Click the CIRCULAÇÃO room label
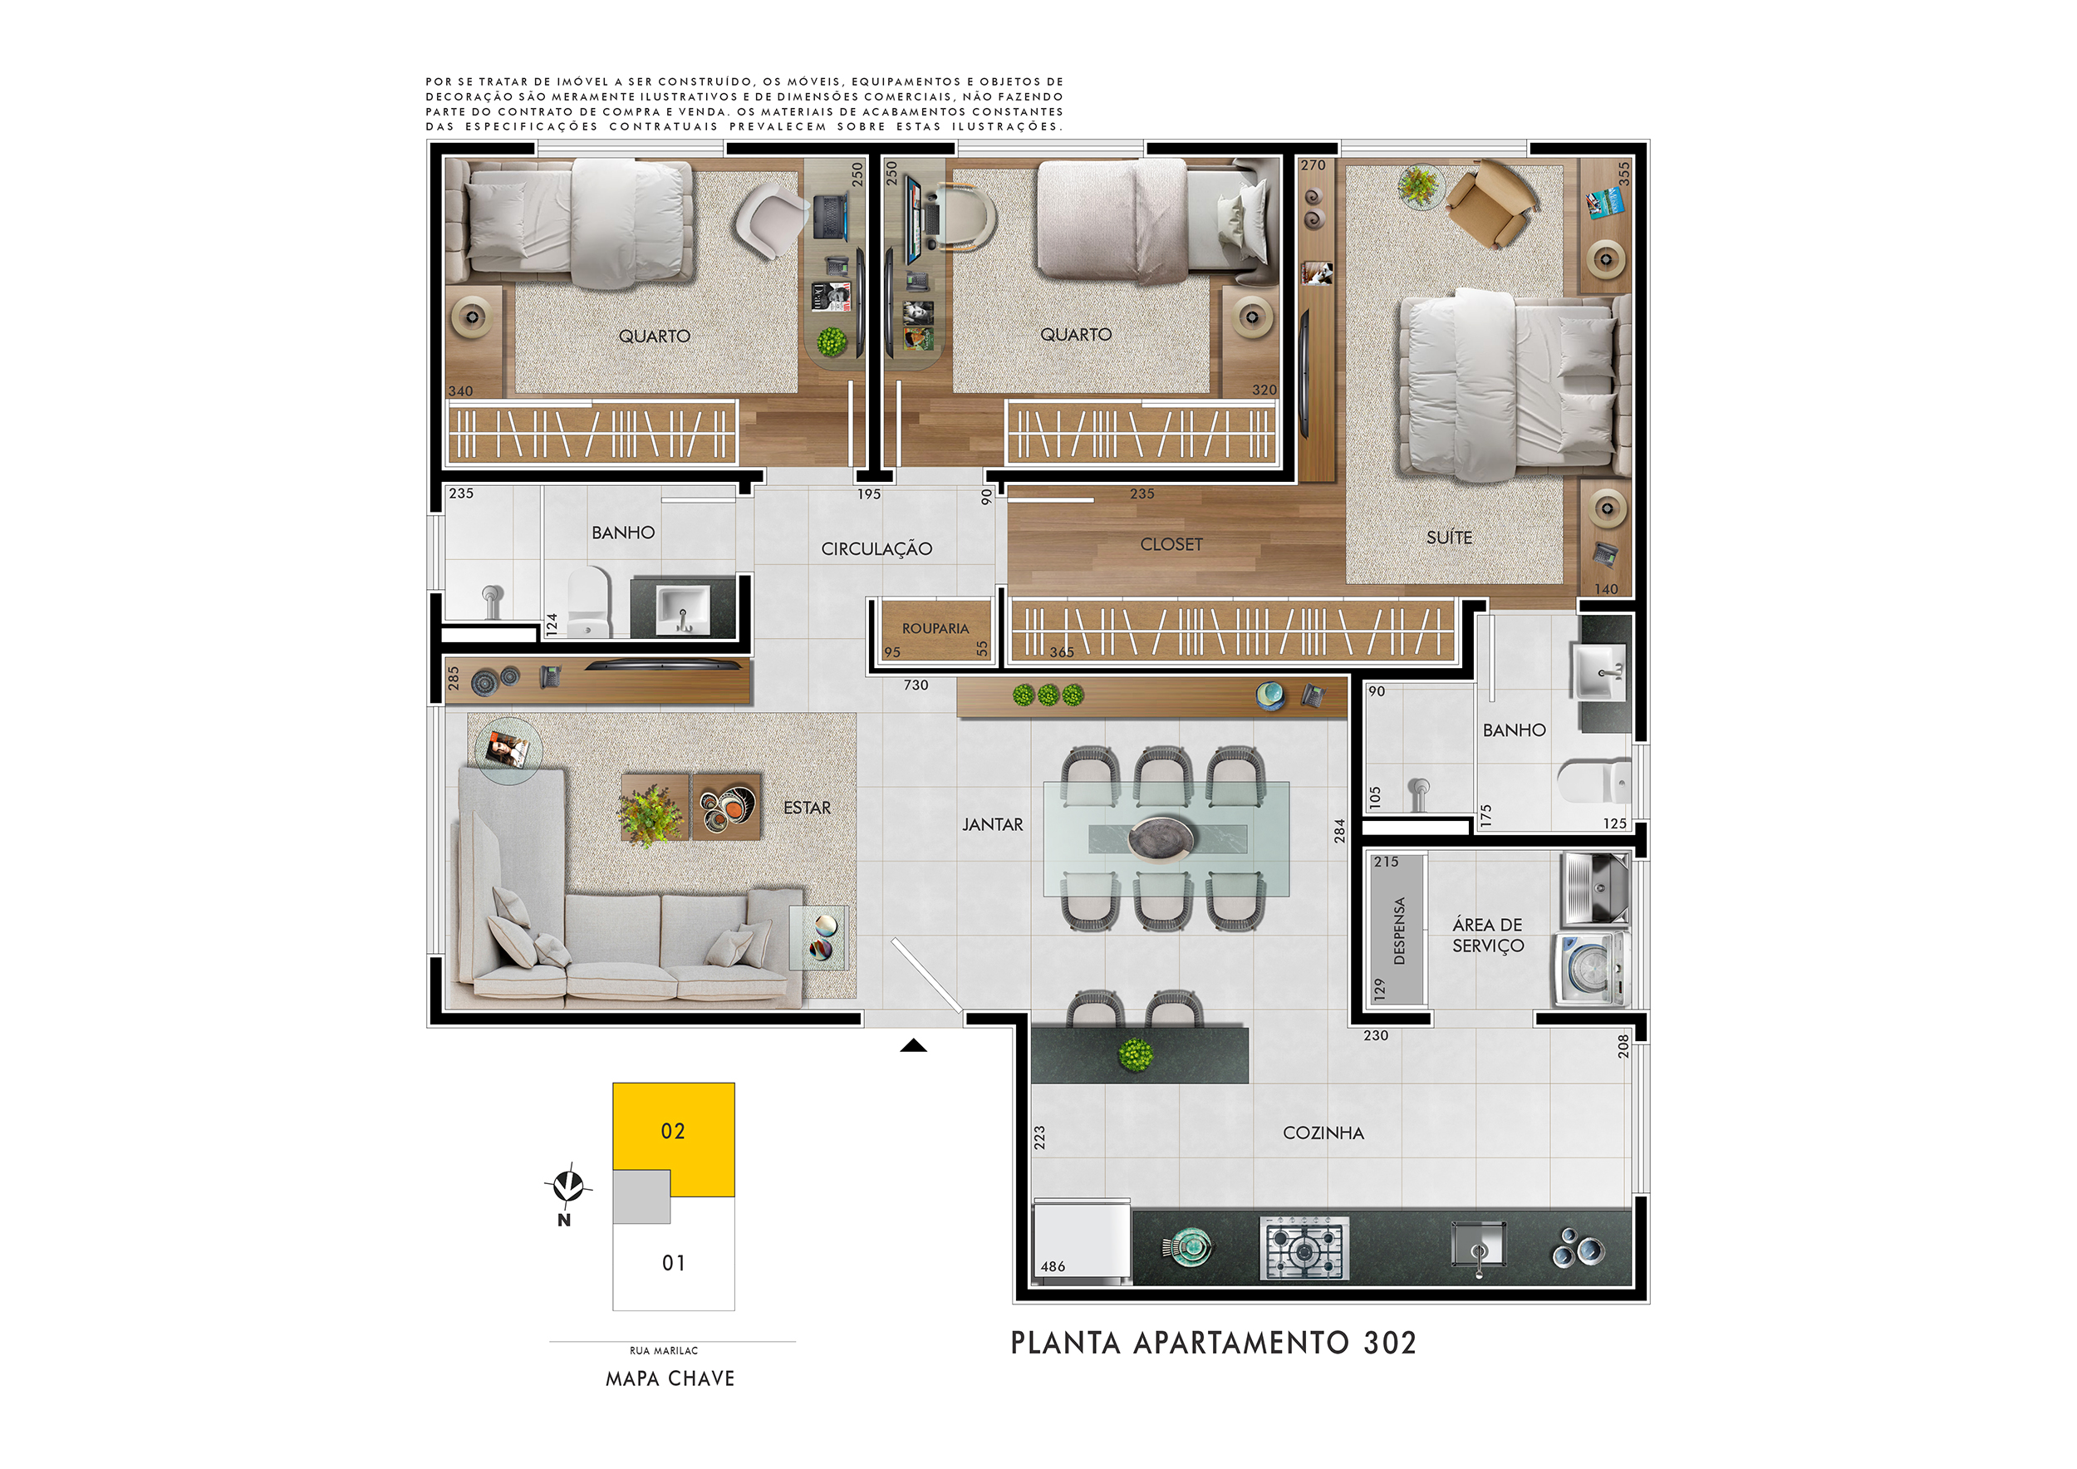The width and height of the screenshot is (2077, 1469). (876, 548)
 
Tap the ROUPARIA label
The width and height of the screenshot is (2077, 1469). (935, 628)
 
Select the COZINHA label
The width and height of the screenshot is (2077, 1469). (1323, 1132)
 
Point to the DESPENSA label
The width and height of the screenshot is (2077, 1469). (1399, 931)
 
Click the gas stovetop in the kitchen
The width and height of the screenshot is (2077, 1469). (1304, 1248)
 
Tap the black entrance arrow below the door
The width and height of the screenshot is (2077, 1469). (913, 1046)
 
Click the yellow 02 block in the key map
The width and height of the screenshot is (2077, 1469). (674, 1131)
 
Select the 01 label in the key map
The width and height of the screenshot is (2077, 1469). (673, 1263)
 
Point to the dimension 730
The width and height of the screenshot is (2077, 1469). (916, 685)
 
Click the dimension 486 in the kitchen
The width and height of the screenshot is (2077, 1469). (1052, 1266)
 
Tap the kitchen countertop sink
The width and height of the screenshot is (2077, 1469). (1478, 1245)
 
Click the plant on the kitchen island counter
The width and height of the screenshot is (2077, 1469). (1136, 1054)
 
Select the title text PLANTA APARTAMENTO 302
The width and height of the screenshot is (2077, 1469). (1213, 1343)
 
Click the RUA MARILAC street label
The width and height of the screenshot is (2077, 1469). (664, 1350)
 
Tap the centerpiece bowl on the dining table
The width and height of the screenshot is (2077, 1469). (1161, 837)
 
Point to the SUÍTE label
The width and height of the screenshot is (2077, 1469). (1449, 538)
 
